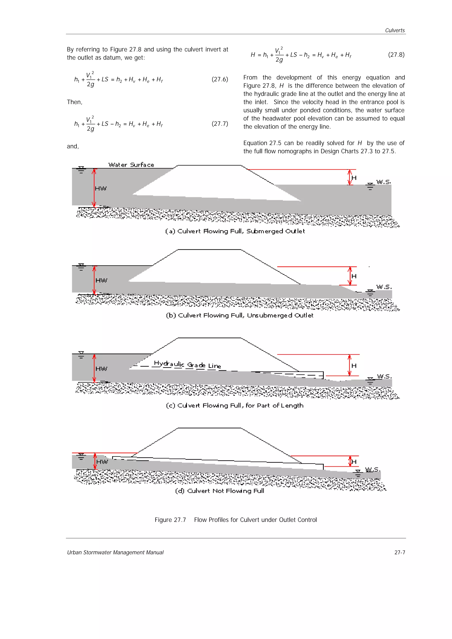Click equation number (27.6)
[220, 79]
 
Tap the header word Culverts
[395, 30]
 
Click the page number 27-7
[400, 552]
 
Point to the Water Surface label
[131, 165]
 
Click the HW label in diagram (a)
[101, 189]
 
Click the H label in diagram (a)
[354, 178]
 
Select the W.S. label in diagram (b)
[384, 287]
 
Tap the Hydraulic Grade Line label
[187, 364]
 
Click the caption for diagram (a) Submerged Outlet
[235, 231]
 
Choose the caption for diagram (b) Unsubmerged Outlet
[239, 315]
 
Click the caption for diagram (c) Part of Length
[234, 405]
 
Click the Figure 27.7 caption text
[236, 520]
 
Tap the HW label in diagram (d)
[102, 462]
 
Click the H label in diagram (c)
[354, 366]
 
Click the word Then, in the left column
[75, 102]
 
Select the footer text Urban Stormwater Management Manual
[115, 552]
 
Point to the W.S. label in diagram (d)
[373, 469]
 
